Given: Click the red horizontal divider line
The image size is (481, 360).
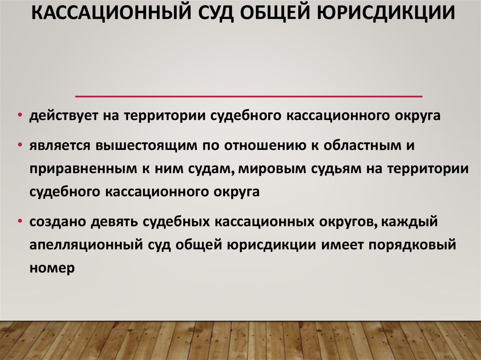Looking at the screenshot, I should [248, 96].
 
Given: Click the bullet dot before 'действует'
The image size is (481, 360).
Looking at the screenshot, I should [21, 117].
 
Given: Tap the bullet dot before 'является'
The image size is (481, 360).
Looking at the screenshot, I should [21, 145].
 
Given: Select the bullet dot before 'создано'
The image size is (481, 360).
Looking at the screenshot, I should [21, 222].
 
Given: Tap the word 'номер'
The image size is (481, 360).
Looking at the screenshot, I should [52, 270].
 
